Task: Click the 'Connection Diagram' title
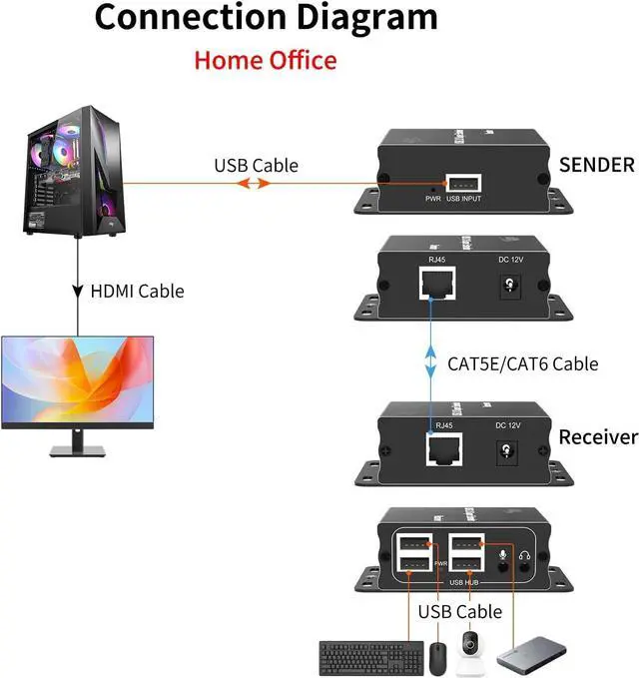pos(265,18)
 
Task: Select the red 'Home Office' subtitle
pos(265,60)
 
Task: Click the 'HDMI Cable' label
pos(138,292)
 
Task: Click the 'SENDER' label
pos(597,165)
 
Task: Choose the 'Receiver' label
pos(598,436)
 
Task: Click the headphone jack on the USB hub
pos(523,561)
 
